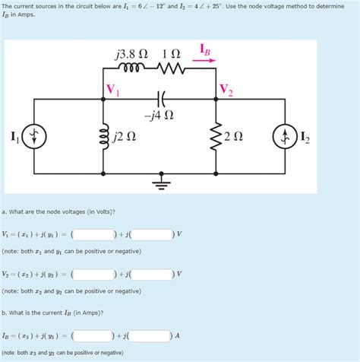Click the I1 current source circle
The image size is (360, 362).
pos(33,137)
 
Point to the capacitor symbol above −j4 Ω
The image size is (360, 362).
pos(160,98)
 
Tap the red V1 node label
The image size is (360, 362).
pos(113,90)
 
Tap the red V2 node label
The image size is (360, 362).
pos(226,90)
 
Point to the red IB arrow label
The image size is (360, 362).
pos(206,50)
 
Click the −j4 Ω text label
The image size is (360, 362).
pos(159,116)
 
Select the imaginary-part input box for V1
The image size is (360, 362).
pos(151,233)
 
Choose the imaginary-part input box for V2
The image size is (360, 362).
pos(151,274)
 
